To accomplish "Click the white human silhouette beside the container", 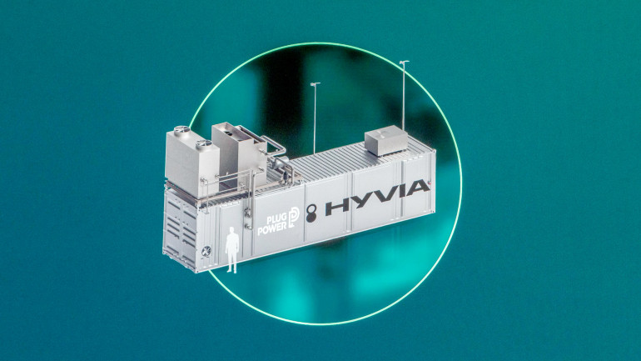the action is [x=232, y=249].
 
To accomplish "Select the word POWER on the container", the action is [x=271, y=228].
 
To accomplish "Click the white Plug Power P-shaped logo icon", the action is [x=294, y=217].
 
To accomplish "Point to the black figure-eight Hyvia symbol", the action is [x=311, y=213].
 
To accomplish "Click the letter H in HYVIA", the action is [x=338, y=206].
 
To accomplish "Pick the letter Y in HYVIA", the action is [x=360, y=202].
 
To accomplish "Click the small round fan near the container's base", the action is [x=206, y=251].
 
